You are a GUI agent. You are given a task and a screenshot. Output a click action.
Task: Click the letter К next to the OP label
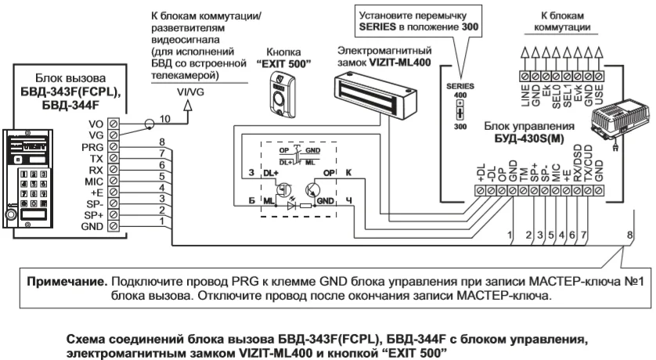pyautogui.click(x=348, y=171)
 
